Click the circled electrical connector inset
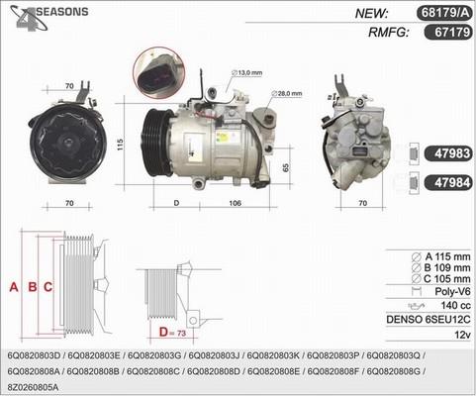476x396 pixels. coord(157,70)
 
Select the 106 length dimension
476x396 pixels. coord(237,203)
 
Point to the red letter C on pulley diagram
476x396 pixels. coord(48,288)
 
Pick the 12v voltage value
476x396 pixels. coord(457,337)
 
